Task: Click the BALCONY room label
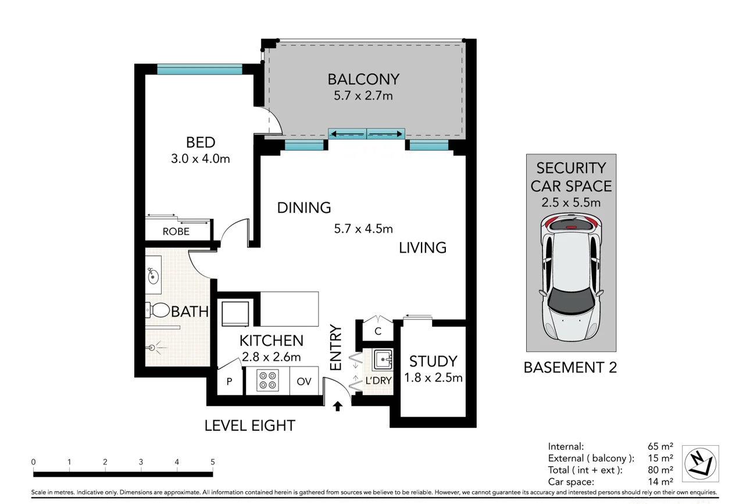(363, 79)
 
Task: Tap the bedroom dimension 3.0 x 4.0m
(201, 158)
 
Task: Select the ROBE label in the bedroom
(176, 231)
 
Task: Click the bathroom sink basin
(153, 275)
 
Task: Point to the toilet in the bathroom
(155, 311)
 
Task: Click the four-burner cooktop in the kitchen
(268, 380)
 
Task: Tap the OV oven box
(304, 381)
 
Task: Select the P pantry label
(229, 382)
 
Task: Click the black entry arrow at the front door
(337, 406)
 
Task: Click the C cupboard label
(378, 332)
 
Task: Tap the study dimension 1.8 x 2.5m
(433, 378)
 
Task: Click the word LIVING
(423, 247)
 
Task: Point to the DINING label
(303, 207)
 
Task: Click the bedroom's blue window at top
(199, 69)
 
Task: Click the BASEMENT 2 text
(570, 367)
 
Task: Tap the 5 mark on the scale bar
(213, 462)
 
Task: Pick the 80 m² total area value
(660, 470)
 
